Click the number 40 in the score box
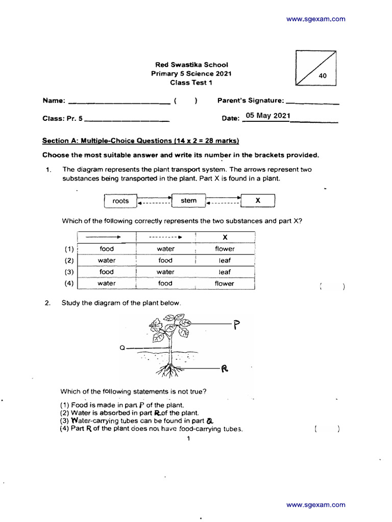pyautogui.click(x=323, y=76)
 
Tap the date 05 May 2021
pyautogui.click(x=267, y=116)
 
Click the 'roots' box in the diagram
pyautogui.click(x=120, y=201)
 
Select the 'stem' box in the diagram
pyautogui.click(x=188, y=200)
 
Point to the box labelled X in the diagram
pyautogui.click(x=258, y=201)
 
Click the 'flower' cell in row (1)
pyautogui.click(x=225, y=249)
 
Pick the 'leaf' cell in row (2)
pyautogui.click(x=225, y=260)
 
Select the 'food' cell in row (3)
pyautogui.click(x=107, y=272)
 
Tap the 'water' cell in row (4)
pyautogui.click(x=107, y=283)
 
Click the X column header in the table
pyautogui.click(x=225, y=237)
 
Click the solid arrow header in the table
pyautogui.click(x=107, y=237)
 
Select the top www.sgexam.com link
pyautogui.click(x=315, y=19)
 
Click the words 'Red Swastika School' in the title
pyautogui.click(x=191, y=65)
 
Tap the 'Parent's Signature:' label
pyautogui.click(x=251, y=100)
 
